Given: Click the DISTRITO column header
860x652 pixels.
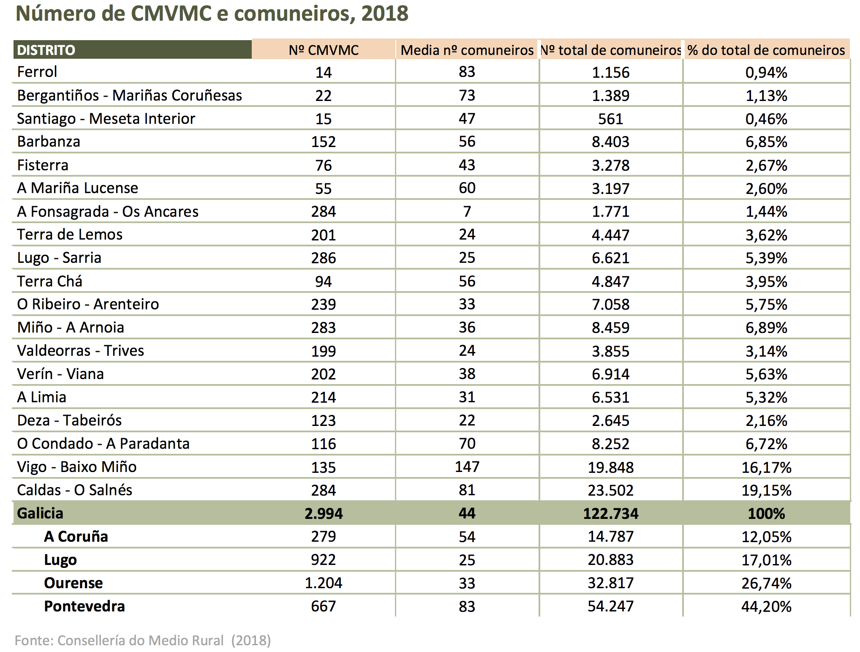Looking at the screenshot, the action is pos(46,50).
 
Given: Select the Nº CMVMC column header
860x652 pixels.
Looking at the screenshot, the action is pos(324,50).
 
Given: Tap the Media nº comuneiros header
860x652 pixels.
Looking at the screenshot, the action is pos(467,50).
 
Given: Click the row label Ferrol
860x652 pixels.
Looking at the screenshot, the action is pos(37,72).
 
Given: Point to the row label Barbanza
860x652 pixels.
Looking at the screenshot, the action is pos(49,142).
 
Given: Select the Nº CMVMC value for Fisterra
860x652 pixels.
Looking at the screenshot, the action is pos(324,165).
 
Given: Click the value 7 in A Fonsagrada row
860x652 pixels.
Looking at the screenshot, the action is pos(467,211).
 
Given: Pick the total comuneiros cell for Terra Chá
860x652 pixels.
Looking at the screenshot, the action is pos(611,281).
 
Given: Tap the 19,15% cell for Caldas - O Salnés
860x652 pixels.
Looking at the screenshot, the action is pos(767,490).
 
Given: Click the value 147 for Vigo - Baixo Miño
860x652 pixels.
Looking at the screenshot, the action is pos(467,466).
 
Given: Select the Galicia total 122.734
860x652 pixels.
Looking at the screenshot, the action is pos(611,513).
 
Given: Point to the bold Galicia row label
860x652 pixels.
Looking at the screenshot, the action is pos(40,513).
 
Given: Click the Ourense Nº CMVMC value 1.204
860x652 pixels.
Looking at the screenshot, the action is pos(324,583).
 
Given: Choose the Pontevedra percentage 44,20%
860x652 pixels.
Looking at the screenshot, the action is pos(767,606).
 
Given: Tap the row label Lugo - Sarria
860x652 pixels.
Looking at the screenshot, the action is pos(59,258).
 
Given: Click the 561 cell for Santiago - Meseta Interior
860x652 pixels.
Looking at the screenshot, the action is pos(611,119).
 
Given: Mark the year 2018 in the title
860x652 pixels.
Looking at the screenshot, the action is pos(385,14).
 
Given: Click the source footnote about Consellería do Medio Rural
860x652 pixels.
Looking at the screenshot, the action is pos(143,641).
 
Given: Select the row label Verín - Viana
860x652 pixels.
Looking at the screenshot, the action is pos(60,374).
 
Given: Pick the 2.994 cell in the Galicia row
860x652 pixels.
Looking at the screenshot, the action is pos(324,513).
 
